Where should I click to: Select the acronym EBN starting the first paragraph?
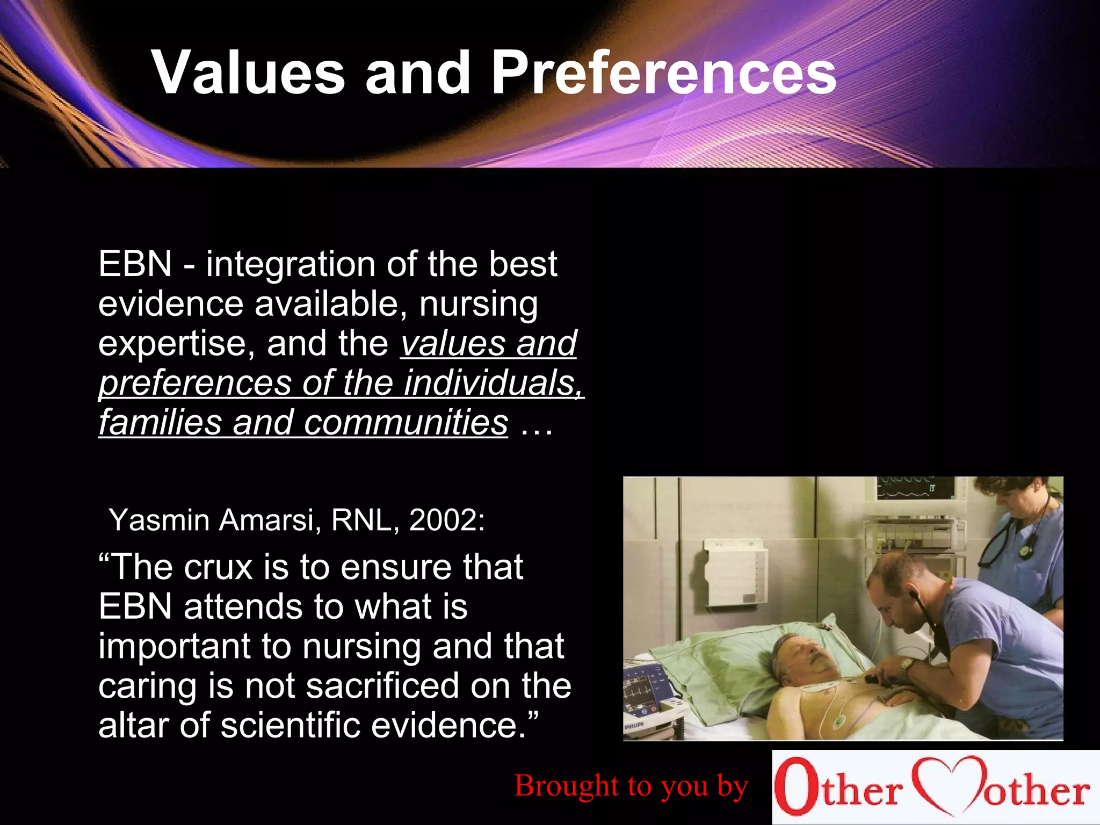coord(135,264)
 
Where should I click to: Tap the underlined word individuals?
coord(494,383)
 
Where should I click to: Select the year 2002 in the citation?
coord(446,520)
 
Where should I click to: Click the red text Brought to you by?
coord(631,786)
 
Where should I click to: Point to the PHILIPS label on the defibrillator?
coord(634,727)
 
